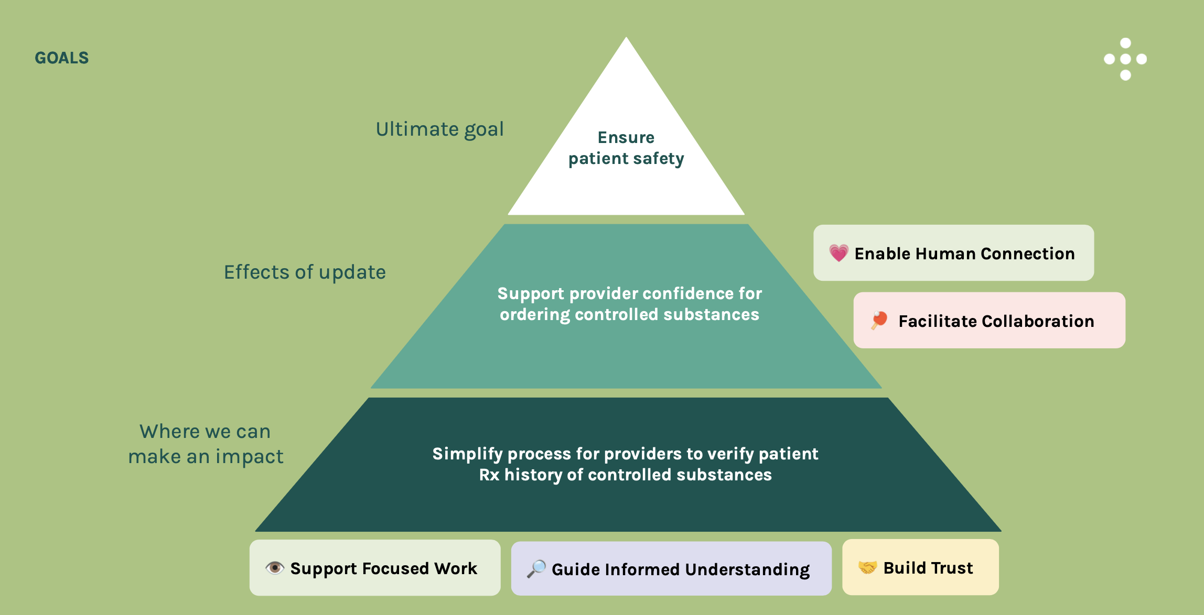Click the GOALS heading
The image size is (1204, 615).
[61, 58]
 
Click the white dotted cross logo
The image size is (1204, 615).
[1125, 59]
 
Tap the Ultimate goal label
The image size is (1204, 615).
[439, 129]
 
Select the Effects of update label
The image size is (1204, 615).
[305, 272]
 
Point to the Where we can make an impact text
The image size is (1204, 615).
[206, 444]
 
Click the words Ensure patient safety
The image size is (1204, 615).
[626, 148]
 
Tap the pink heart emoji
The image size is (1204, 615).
[838, 254]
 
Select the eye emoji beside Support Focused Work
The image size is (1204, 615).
[274, 568]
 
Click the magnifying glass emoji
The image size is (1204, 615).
[536, 569]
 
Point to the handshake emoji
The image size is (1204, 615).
[867, 567]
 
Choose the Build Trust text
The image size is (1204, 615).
[928, 568]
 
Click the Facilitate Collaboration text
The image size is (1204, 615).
[996, 321]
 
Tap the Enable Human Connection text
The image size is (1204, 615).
[964, 254]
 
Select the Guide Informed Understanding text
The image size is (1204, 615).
[680, 569]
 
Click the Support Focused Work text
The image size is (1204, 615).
[383, 568]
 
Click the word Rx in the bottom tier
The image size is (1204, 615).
[489, 475]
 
